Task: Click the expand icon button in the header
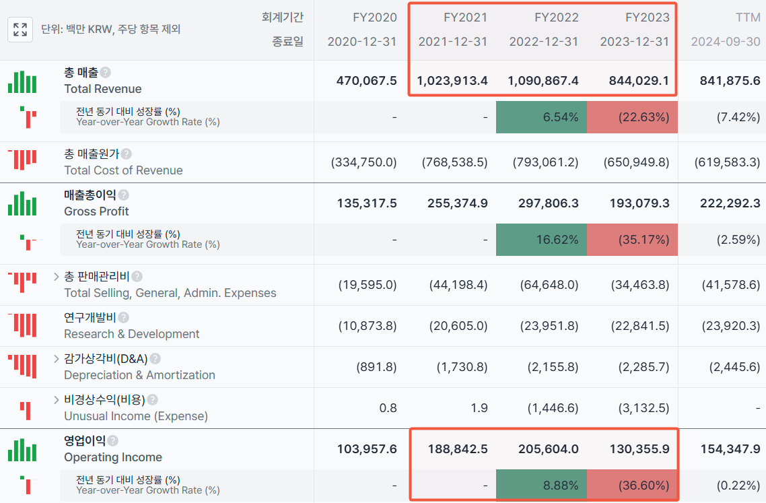[x=20, y=30]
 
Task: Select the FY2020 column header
[x=375, y=18]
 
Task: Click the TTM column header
[x=748, y=18]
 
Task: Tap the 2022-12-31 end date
[x=544, y=42]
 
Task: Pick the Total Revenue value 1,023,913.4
[x=452, y=81]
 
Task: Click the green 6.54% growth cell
[x=541, y=117]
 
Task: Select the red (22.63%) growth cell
[x=632, y=117]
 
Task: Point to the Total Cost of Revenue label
[x=123, y=170]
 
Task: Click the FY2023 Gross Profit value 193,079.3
[x=639, y=203]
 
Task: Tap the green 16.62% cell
[x=541, y=240]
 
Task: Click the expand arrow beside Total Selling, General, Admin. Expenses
[x=56, y=277]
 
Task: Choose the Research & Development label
[x=131, y=334]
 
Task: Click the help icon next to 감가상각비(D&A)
[x=155, y=359]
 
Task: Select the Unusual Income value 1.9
[x=479, y=408]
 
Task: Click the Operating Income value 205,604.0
[x=549, y=449]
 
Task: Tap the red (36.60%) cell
[x=632, y=485]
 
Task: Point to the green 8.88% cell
[x=541, y=485]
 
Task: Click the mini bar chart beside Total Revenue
[x=22, y=81]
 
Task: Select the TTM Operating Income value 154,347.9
[x=730, y=449]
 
